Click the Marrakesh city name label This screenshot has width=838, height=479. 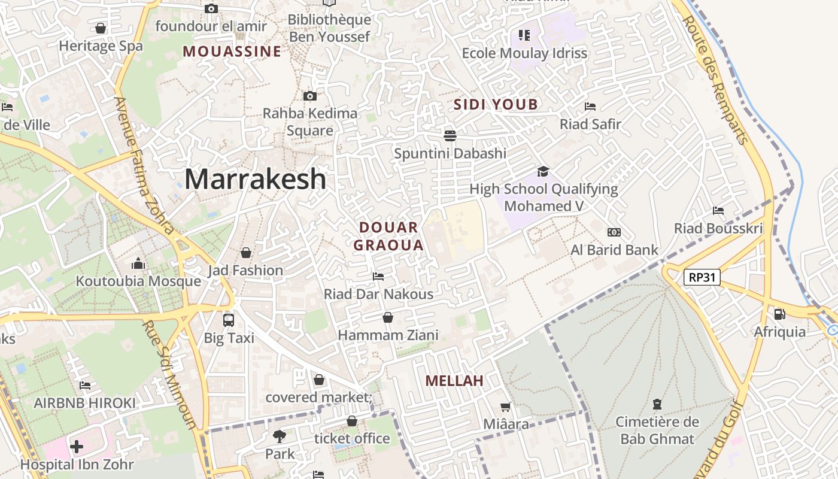[256, 179]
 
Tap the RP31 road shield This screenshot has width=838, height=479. [702, 277]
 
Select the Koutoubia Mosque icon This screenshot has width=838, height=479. [138, 263]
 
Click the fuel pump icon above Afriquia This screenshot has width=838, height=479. [779, 314]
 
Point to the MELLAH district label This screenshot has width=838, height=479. [454, 381]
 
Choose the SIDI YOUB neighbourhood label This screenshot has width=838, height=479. [496, 105]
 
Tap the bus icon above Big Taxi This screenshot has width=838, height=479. [229, 320]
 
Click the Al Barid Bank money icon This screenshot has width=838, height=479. [614, 232]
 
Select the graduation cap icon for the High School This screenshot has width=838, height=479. [543, 172]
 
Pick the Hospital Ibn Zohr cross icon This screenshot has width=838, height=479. [77, 446]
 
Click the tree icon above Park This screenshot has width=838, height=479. [279, 436]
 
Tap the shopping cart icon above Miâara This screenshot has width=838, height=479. [506, 407]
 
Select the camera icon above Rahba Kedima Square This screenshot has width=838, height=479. [309, 96]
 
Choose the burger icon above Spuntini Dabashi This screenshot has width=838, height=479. [450, 135]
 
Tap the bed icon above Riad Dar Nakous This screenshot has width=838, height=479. [378, 276]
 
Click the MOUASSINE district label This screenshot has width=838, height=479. [232, 51]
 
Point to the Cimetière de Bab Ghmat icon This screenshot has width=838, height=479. [657, 404]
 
